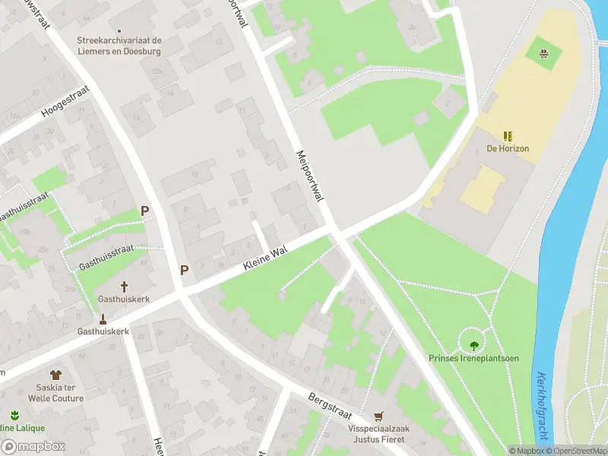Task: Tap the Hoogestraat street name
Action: [x=65, y=101]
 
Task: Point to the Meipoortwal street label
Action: [x=310, y=176]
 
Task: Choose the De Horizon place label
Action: [x=508, y=149]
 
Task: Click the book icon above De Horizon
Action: [x=508, y=136]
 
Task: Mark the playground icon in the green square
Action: [x=544, y=53]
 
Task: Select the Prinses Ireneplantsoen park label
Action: [x=473, y=359]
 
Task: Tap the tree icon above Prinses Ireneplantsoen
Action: [x=474, y=346]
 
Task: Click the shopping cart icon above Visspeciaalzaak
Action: [x=379, y=416]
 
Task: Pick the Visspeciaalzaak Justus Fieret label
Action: [x=379, y=434]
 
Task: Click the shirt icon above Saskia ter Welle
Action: [x=55, y=375]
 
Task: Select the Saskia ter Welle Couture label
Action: [x=55, y=393]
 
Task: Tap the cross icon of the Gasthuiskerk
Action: [x=123, y=287]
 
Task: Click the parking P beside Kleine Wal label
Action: [x=183, y=269]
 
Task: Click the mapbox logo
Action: [x=33, y=447]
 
